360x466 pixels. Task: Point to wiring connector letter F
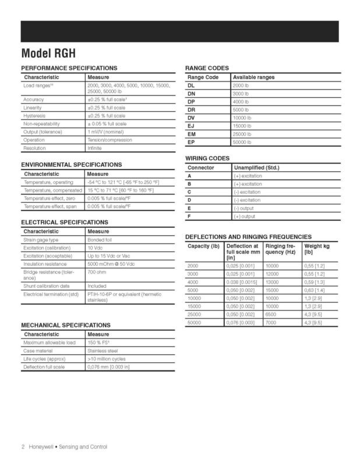pos(189,216)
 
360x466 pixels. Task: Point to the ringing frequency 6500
pos(271,314)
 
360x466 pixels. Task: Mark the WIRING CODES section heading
pos(207,158)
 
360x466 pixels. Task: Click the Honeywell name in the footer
pos(42,447)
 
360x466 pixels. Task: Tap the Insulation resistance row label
pos(48,264)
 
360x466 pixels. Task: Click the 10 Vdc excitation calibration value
pos(95,248)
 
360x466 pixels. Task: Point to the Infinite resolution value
pos(94,148)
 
